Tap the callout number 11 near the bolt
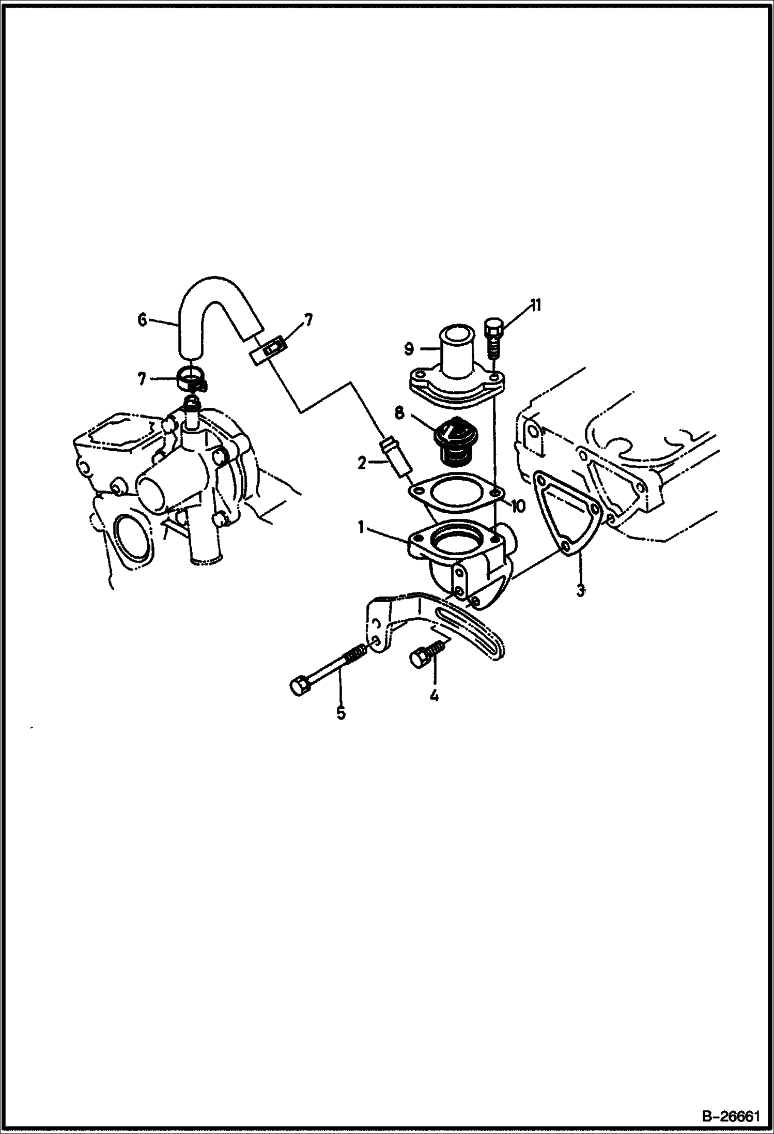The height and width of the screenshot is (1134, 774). (x=534, y=305)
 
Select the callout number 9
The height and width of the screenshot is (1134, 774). (x=409, y=349)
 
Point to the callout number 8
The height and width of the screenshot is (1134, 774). (x=399, y=413)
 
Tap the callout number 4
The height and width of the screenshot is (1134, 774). (x=434, y=696)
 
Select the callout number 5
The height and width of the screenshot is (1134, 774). (x=340, y=713)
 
